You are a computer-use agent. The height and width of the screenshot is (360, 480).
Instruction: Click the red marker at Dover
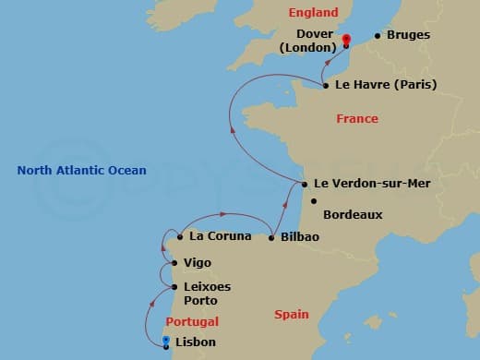(x=346, y=40)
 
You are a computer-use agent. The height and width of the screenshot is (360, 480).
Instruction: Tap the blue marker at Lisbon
(x=165, y=342)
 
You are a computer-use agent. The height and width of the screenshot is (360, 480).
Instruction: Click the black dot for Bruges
(x=377, y=37)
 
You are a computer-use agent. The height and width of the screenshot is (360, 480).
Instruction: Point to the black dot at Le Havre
(x=326, y=85)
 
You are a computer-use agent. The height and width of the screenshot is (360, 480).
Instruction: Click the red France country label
(x=357, y=119)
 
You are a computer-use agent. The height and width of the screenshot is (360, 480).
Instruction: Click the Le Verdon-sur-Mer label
(x=372, y=184)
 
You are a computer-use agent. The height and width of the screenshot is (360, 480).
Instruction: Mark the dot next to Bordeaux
(x=314, y=201)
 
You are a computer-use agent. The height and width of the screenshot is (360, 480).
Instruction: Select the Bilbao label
(x=300, y=237)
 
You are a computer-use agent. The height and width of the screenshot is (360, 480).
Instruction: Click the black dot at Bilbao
(x=271, y=237)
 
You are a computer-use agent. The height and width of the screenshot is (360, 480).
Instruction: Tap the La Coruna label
(x=220, y=236)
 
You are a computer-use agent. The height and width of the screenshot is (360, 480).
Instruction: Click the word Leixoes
(x=208, y=287)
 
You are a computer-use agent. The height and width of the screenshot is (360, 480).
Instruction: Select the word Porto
(x=201, y=301)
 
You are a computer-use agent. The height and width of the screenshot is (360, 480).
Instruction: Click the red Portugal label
(x=192, y=322)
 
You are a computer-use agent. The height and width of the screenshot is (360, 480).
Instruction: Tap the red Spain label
(x=292, y=316)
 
